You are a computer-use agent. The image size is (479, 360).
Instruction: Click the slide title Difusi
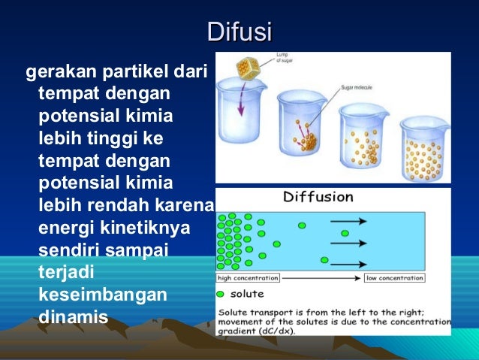tap(239, 32)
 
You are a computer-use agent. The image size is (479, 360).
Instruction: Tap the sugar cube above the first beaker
tap(247, 68)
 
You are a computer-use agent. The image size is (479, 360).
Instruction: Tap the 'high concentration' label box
tap(247, 277)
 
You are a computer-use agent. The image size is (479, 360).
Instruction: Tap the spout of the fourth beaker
tap(403, 123)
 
